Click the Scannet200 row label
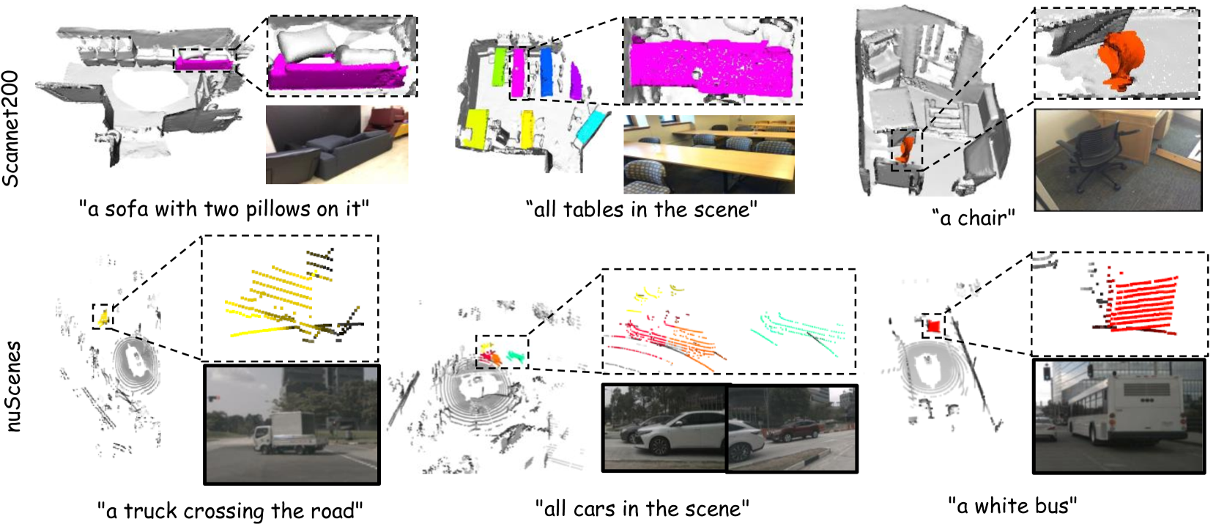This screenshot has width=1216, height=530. [11, 129]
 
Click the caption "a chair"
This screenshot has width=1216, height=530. [974, 218]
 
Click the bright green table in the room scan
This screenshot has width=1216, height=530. [499, 66]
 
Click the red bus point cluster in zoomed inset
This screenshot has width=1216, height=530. [1140, 304]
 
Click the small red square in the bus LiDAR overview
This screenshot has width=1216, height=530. [934, 326]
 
